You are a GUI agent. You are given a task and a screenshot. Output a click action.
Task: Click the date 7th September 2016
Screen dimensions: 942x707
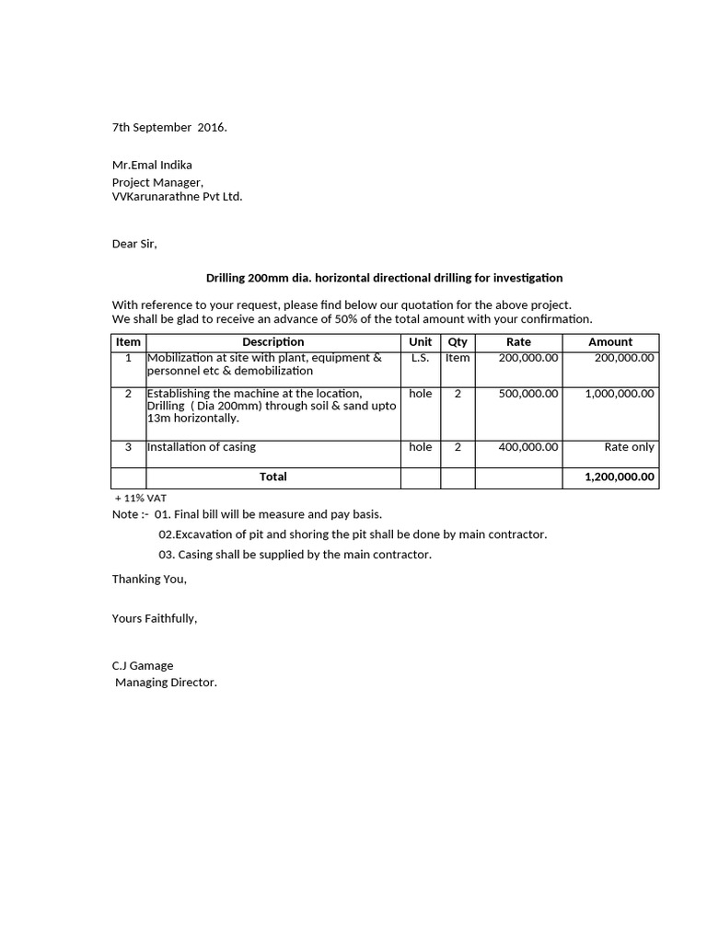pyautogui.click(x=169, y=127)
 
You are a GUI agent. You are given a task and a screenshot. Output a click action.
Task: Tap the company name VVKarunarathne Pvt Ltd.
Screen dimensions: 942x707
pyautogui.click(x=178, y=196)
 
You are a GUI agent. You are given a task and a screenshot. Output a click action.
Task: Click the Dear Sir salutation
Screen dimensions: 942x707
pyautogui.click(x=134, y=244)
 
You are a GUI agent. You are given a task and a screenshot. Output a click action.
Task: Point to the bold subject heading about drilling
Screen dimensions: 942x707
pyautogui.click(x=384, y=277)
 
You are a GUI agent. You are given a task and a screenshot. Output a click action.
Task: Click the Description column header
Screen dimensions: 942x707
pyautogui.click(x=272, y=341)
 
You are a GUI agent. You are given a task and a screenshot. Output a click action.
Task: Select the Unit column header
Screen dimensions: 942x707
pyautogui.click(x=420, y=341)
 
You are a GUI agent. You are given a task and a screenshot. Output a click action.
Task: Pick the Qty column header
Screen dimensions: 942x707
pyautogui.click(x=458, y=341)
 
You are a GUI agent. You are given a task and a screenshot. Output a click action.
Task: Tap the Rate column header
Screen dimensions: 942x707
pyautogui.click(x=518, y=341)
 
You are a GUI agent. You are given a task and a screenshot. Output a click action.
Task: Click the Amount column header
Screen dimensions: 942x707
pyautogui.click(x=610, y=341)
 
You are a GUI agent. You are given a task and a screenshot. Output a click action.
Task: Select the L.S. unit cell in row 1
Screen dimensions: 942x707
pyautogui.click(x=420, y=357)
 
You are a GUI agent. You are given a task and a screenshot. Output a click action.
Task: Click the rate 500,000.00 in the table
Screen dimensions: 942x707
pyautogui.click(x=528, y=393)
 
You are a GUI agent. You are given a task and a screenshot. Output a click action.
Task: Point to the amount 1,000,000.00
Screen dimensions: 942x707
pyautogui.click(x=620, y=393)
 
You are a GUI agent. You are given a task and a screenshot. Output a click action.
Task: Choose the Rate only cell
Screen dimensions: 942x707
pyautogui.click(x=629, y=446)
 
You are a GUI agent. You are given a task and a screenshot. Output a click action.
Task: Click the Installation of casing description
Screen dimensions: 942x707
pyautogui.click(x=202, y=446)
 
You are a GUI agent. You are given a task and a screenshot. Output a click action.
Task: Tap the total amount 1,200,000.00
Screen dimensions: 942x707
pyautogui.click(x=620, y=477)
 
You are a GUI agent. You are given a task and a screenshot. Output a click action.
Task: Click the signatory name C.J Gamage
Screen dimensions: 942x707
pyautogui.click(x=143, y=665)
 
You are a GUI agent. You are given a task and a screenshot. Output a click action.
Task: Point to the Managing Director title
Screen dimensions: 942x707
pyautogui.click(x=166, y=682)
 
